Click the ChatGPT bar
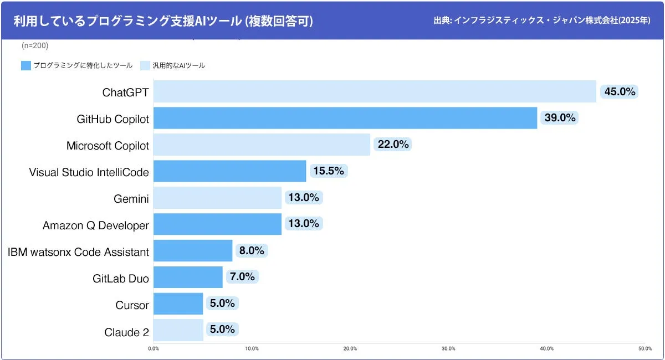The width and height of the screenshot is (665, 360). pyautogui.click(x=375, y=91)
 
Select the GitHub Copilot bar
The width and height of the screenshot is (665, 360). pyautogui.click(x=345, y=118)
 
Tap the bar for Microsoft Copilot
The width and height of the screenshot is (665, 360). pyautogui.click(x=262, y=145)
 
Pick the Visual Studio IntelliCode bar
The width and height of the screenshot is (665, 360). pyautogui.click(x=229, y=171)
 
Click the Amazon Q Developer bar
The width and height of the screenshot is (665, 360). pyautogui.click(x=217, y=224)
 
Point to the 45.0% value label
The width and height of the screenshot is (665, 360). pyautogui.click(x=620, y=91)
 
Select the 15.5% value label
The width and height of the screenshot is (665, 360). pyautogui.click(x=329, y=171)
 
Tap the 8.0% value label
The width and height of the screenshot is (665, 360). pyautogui.click(x=251, y=250)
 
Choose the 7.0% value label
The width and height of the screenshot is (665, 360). pyautogui.click(x=242, y=277)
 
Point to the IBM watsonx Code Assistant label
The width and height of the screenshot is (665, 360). pyautogui.click(x=78, y=252)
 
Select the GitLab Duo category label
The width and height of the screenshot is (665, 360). pyautogui.click(x=121, y=279)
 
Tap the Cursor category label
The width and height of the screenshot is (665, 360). pyautogui.click(x=132, y=305)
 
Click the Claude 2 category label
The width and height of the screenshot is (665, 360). pyautogui.click(x=126, y=332)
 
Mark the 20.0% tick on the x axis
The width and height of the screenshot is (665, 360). pyautogui.click(x=350, y=348)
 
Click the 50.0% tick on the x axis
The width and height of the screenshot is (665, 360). pyautogui.click(x=644, y=348)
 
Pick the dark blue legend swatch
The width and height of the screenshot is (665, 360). pyautogui.click(x=25, y=65)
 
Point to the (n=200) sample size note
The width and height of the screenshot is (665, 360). pyautogui.click(x=35, y=45)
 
